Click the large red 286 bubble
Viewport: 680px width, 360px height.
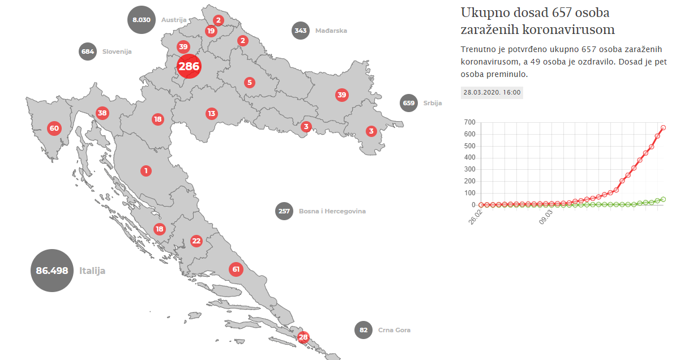click(189, 66)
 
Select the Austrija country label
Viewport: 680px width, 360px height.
click(174, 19)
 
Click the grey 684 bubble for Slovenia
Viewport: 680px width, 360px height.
click(88, 52)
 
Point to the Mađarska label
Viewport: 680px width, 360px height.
click(331, 31)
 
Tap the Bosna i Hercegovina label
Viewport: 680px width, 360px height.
click(332, 211)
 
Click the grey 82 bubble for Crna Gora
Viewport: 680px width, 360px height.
click(363, 330)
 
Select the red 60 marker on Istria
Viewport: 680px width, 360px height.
click(54, 128)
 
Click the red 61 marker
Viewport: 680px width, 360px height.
click(236, 269)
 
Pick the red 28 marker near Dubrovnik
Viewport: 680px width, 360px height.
click(303, 337)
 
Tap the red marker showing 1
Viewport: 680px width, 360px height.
click(146, 170)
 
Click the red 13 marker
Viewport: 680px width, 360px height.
click(211, 113)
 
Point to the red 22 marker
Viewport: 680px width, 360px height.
click(196, 241)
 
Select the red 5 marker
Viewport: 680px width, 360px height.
click(249, 83)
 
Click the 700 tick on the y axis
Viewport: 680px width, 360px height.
click(469, 122)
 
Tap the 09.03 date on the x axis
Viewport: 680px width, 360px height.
click(546, 217)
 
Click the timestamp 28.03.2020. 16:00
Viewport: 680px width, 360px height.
click(491, 92)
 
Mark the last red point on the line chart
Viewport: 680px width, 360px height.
click(663, 127)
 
